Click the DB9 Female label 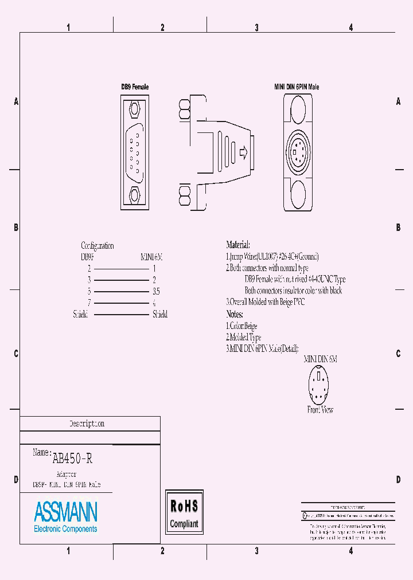[x=135, y=87]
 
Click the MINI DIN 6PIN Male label [x=296, y=87]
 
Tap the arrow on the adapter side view [x=243, y=153]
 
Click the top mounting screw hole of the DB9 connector [x=135, y=109]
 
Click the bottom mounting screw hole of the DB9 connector [x=135, y=195]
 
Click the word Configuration [x=98, y=246]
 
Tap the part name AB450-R [x=72, y=458]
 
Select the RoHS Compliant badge [x=184, y=512]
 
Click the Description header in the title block [x=87, y=424]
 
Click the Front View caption [x=320, y=410]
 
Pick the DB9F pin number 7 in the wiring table [x=89, y=303]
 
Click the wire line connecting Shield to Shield [x=120, y=314]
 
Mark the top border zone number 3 [x=256, y=27]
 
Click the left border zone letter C [x=15, y=354]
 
